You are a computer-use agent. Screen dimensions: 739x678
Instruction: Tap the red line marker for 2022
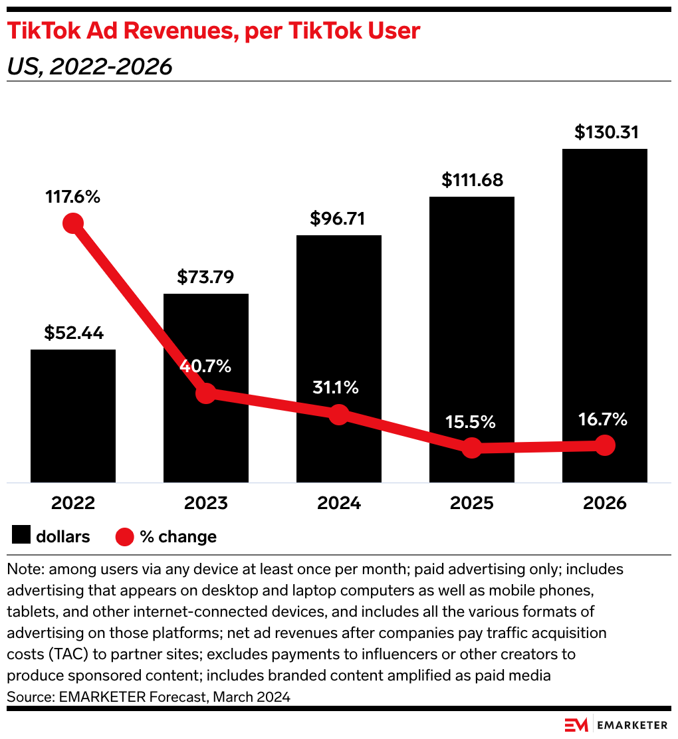tap(73, 223)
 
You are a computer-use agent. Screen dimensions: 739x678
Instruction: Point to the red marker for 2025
tap(471, 447)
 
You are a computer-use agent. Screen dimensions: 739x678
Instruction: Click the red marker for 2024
tap(339, 415)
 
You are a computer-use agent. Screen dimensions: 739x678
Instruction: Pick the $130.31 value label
tap(606, 132)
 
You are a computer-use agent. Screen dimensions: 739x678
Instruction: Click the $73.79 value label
tap(205, 277)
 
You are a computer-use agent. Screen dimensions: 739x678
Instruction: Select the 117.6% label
tap(72, 197)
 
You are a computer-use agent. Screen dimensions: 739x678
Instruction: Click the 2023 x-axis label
tap(205, 503)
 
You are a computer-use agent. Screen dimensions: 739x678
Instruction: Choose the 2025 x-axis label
tap(471, 503)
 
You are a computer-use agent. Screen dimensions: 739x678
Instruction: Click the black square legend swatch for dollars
tap(21, 536)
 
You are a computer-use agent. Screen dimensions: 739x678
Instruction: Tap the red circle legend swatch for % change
tap(125, 536)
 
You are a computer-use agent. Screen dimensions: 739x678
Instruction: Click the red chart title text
tap(213, 32)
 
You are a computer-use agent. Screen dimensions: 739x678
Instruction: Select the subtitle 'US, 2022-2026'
tap(90, 67)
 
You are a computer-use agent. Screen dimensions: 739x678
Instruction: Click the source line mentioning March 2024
tap(148, 697)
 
